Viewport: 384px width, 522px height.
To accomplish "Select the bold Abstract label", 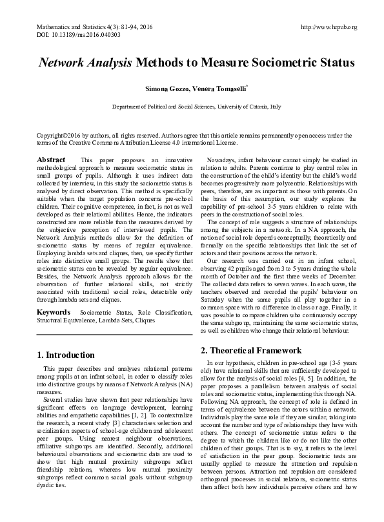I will pyautogui.click(x=50, y=160).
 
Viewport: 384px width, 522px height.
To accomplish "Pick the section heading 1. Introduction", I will pyautogui.click(x=66, y=355).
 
